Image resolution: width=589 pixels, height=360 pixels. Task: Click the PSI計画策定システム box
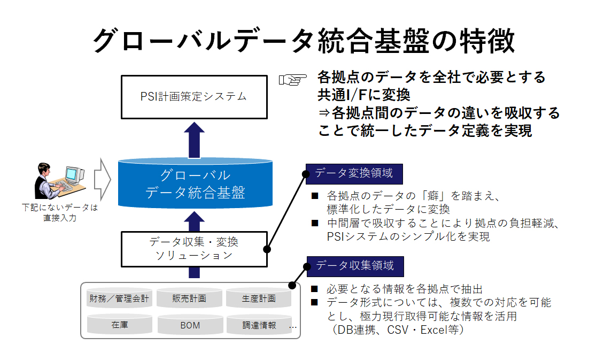pyautogui.click(x=194, y=97)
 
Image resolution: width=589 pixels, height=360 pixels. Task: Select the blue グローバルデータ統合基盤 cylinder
pyautogui.click(x=195, y=183)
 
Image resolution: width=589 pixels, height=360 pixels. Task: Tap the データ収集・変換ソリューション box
pyautogui.click(x=194, y=249)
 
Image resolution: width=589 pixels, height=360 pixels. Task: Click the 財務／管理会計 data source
pyautogui.click(x=119, y=298)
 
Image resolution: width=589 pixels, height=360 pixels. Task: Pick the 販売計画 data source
pyautogui.click(x=189, y=298)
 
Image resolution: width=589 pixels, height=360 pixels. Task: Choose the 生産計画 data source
pyautogui.click(x=259, y=298)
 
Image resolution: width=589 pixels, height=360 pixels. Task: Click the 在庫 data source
pyautogui.click(x=119, y=325)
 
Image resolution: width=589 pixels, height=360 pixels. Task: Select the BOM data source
pyautogui.click(x=190, y=325)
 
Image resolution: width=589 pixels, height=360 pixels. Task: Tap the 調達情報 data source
pyautogui.click(x=259, y=325)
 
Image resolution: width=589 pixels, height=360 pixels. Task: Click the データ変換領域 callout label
pyautogui.click(x=354, y=174)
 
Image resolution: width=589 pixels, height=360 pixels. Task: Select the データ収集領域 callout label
pyautogui.click(x=355, y=266)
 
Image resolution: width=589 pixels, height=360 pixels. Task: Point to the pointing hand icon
pyautogui.click(x=292, y=80)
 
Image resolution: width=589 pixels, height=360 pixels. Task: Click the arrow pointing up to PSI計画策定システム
pyautogui.click(x=194, y=140)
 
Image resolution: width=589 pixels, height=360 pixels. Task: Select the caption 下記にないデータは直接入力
pyautogui.click(x=60, y=212)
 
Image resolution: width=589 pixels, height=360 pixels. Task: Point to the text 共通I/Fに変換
pyautogui.click(x=363, y=95)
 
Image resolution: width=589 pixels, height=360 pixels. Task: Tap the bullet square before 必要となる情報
pyautogui.click(x=315, y=289)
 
